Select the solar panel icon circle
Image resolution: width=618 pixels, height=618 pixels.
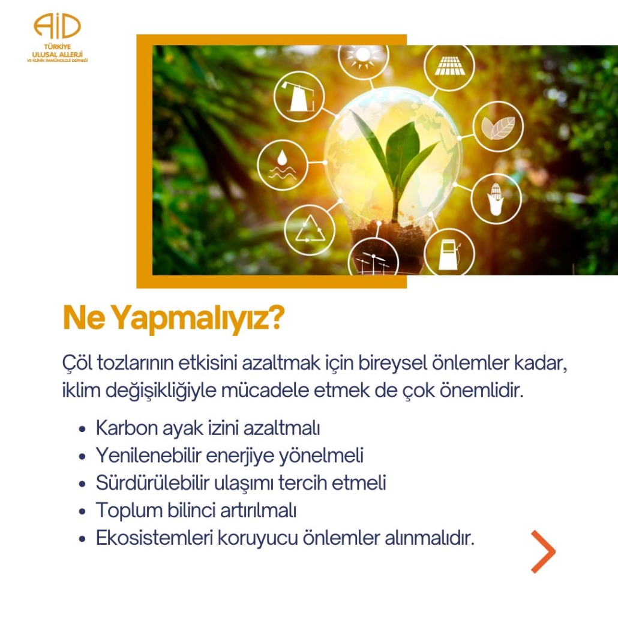449,65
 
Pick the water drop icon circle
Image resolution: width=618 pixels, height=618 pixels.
282,165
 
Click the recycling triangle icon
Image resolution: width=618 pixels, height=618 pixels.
310,230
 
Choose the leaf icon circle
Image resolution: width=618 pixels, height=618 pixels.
498,127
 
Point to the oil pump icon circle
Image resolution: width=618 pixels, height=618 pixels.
299,97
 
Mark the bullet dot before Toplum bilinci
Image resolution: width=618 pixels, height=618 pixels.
82,512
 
